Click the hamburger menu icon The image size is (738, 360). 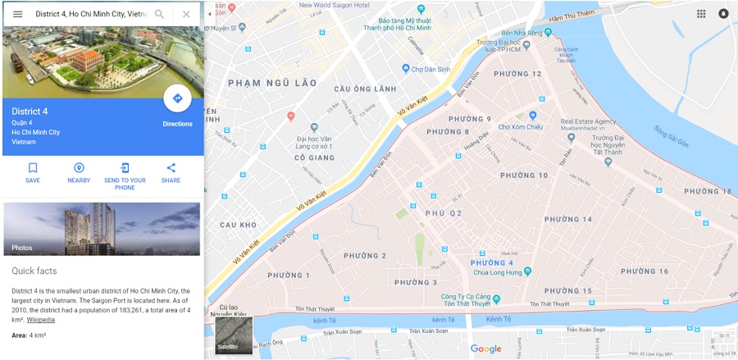pyautogui.click(x=17, y=14)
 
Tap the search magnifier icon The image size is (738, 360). pyautogui.click(x=160, y=14)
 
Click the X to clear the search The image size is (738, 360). pyautogui.click(x=186, y=14)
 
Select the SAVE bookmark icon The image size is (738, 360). pyautogui.click(x=33, y=168)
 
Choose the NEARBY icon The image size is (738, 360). pyautogui.click(x=79, y=168)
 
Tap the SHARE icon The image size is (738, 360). pyautogui.click(x=171, y=168)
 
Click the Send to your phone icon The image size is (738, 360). pyautogui.click(x=125, y=168)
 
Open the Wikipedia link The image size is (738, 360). pyautogui.click(x=41, y=319)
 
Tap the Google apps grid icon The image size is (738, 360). pyautogui.click(x=701, y=14)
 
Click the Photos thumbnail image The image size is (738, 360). pyautogui.click(x=102, y=229)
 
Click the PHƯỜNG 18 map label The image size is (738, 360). pyautogui.click(x=707, y=192)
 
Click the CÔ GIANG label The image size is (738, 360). pyautogui.click(x=314, y=157)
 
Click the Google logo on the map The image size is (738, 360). pyautogui.click(x=485, y=349)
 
